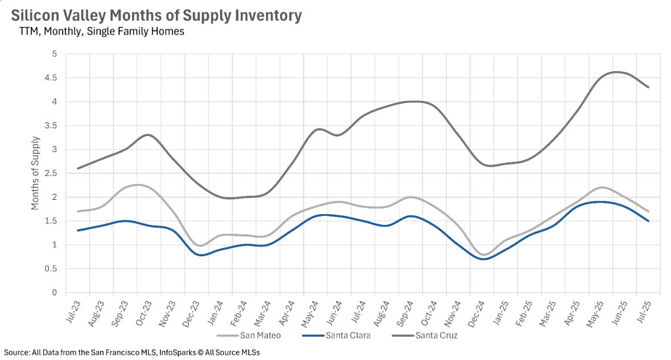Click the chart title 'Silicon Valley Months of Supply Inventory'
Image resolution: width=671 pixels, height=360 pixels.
tap(156, 15)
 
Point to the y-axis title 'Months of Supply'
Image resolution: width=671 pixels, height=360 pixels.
tap(35, 173)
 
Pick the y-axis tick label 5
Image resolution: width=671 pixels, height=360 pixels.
tap(55, 54)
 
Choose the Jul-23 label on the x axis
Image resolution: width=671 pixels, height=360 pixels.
tap(73, 309)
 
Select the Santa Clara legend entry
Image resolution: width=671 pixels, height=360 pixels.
tap(347, 335)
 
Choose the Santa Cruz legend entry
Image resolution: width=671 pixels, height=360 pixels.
tap(437, 335)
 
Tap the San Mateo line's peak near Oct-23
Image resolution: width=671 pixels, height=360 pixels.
tap(138, 185)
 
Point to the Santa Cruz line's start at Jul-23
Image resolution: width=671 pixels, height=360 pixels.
tap(77, 168)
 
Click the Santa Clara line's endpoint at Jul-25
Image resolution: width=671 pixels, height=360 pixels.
tap(648, 221)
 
